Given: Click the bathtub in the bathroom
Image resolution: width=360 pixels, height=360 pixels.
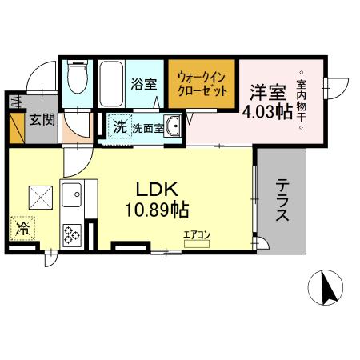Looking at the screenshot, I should (111, 85).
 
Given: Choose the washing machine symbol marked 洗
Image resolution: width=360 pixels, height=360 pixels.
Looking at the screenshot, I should (118, 126).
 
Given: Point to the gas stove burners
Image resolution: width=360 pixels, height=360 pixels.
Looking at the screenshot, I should (72, 233).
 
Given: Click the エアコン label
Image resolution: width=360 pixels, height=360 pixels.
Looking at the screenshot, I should (196, 234).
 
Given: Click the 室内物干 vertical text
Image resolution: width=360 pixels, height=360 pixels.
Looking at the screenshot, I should (302, 99).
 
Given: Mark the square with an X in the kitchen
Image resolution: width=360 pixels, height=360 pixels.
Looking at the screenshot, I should (41, 195).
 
